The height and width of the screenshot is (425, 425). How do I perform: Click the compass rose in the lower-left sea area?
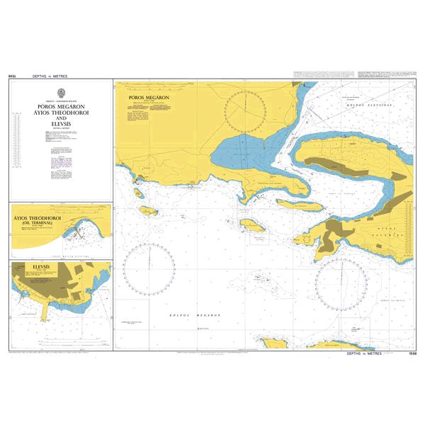(x=149, y=269)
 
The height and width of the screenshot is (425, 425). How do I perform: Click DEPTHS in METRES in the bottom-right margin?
(x=363, y=353)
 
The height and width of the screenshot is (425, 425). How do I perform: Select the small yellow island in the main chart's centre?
(x=252, y=226)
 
